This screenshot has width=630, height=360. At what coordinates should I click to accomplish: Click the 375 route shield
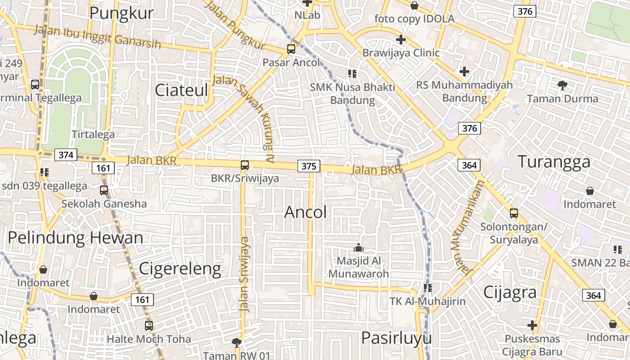[309, 166]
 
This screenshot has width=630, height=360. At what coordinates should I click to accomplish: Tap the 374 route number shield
[66, 155]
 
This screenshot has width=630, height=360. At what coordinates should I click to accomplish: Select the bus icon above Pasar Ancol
[291, 49]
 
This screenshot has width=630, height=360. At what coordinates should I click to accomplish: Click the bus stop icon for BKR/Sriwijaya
[245, 165]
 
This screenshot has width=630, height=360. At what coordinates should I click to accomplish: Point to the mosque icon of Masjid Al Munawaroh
[359, 247]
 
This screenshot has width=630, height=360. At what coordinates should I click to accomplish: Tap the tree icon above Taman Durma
[562, 85]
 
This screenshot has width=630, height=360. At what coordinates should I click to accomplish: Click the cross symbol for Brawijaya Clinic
[400, 40]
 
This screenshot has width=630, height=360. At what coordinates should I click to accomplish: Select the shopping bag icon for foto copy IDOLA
[414, 5]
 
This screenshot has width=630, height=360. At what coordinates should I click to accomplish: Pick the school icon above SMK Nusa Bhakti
[352, 73]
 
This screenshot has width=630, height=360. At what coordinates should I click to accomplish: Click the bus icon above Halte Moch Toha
[148, 325]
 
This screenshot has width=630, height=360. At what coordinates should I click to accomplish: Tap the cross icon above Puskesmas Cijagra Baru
[532, 325]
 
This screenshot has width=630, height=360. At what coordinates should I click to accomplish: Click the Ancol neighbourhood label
[306, 212]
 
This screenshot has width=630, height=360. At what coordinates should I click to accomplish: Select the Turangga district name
[553, 162]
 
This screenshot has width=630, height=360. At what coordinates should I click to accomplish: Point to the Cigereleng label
[180, 269]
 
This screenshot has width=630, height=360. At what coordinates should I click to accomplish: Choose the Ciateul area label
[181, 90]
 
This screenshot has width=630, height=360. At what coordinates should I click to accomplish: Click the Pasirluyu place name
[396, 338]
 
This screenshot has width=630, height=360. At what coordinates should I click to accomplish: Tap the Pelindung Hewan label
[76, 238]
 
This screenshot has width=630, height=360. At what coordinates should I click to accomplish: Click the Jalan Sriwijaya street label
[244, 274]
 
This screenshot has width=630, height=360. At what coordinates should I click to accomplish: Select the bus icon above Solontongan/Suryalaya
[513, 213]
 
